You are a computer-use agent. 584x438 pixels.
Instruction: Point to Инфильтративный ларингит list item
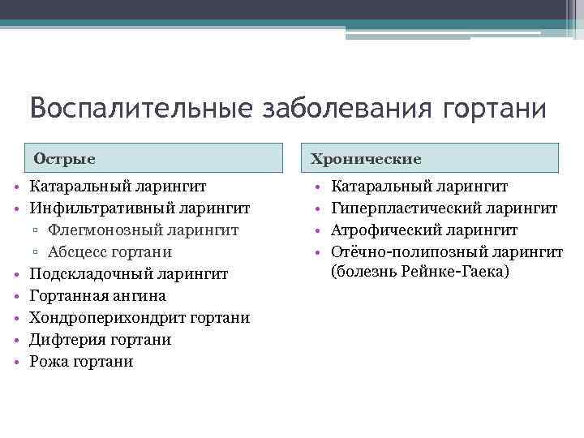[x=139, y=208]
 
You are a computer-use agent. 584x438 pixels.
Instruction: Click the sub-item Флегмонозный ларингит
[x=143, y=230]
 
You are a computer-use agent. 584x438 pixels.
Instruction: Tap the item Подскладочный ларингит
[x=129, y=274]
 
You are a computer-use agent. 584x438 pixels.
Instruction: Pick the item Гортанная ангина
[x=97, y=296]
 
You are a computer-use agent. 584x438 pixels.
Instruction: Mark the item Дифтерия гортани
[x=100, y=339]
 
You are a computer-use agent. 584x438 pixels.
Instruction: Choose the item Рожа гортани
[x=81, y=361]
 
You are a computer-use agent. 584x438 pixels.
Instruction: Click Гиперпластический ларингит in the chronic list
[x=444, y=208]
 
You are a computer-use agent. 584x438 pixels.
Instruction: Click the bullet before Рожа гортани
[x=16, y=362]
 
